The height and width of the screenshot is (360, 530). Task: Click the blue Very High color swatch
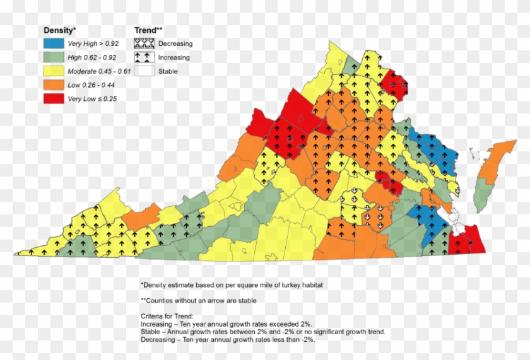click(x=54, y=44)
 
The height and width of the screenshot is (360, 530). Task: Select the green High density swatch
click(x=54, y=58)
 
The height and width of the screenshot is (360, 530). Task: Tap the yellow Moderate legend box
click(x=54, y=71)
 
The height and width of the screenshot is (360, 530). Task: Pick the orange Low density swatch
click(x=54, y=85)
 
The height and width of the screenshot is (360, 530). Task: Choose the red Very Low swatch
click(x=54, y=99)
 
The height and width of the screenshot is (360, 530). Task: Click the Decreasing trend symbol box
click(x=144, y=44)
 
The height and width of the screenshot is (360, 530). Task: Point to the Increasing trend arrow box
click(x=144, y=57)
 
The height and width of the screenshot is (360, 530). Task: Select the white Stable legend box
click(x=144, y=71)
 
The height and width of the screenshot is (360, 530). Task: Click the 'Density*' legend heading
click(x=59, y=30)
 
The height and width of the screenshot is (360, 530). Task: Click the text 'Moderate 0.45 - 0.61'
click(x=99, y=72)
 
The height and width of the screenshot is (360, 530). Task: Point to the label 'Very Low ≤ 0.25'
click(x=92, y=99)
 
